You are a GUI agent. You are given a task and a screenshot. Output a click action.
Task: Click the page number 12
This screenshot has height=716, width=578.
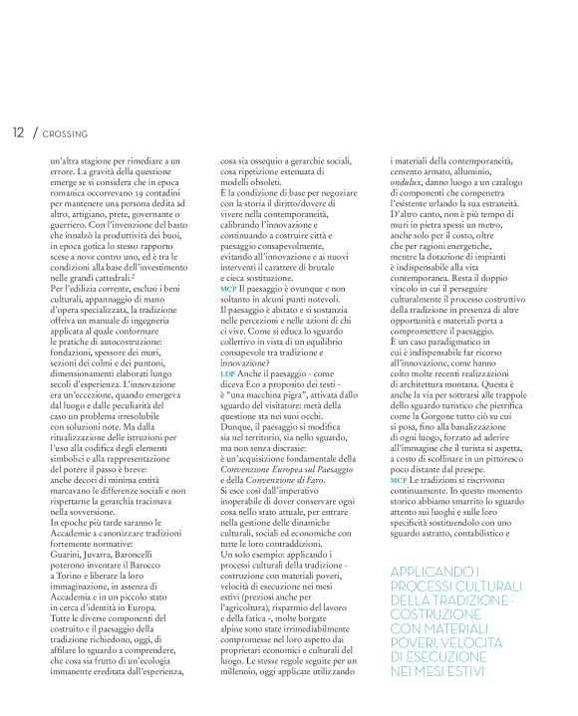(18, 130)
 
